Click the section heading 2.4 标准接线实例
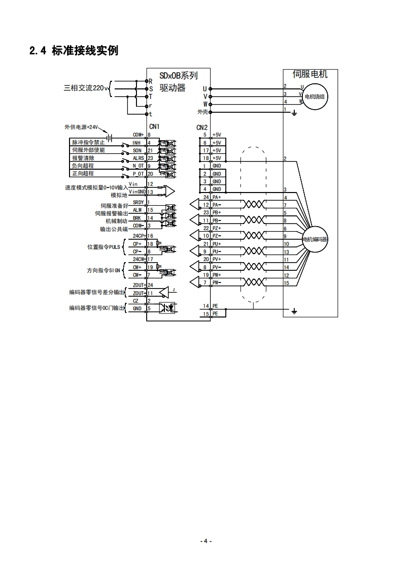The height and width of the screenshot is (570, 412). point(74,50)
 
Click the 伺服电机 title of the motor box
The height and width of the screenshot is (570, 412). point(310,74)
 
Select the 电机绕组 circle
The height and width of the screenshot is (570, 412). point(317,97)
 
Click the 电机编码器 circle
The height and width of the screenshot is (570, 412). point(315,239)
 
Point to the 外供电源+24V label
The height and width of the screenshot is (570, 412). point(82,127)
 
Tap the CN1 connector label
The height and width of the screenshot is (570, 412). point(154,127)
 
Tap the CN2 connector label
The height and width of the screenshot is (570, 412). point(202,127)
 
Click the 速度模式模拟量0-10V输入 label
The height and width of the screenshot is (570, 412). point(96,187)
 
